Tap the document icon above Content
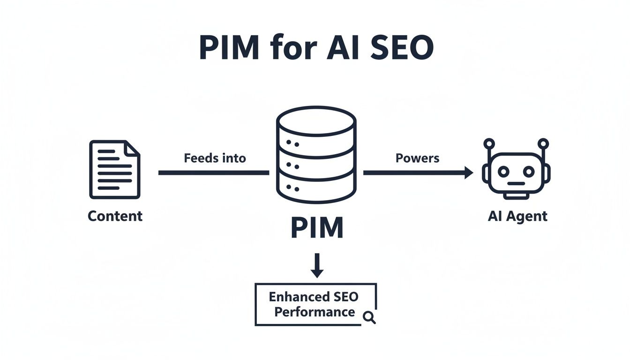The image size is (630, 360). pyautogui.click(x=114, y=170)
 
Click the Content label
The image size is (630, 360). pyautogui.click(x=115, y=216)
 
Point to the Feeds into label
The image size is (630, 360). pyautogui.click(x=215, y=158)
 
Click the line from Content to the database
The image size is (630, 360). pyautogui.click(x=213, y=173)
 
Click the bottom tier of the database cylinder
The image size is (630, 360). pyautogui.click(x=316, y=190)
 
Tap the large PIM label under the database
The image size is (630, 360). pyautogui.click(x=317, y=228)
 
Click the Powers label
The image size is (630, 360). pyautogui.click(x=417, y=158)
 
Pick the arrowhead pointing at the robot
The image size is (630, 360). pyautogui.click(x=468, y=173)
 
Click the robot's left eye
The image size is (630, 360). pyautogui.click(x=503, y=172)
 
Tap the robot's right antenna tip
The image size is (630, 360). pyautogui.click(x=543, y=143)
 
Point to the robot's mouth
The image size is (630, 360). pyautogui.click(x=516, y=184)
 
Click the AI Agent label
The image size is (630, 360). pyautogui.click(x=517, y=216)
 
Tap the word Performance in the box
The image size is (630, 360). pyautogui.click(x=315, y=312)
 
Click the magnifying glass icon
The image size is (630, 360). pyautogui.click(x=369, y=318)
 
